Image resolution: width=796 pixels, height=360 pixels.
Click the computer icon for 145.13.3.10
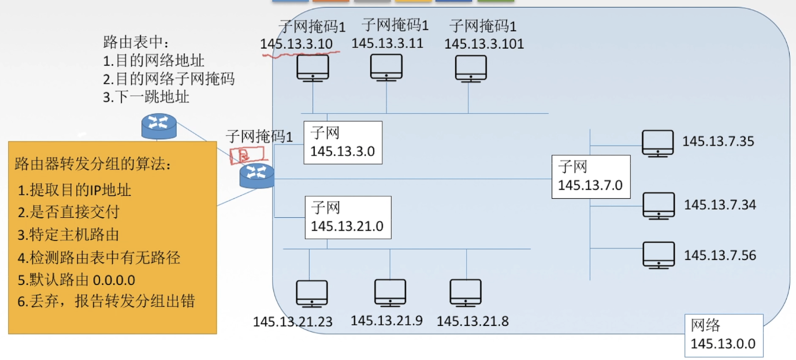coord(313,68)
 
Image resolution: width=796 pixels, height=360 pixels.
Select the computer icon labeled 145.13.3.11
coord(386,67)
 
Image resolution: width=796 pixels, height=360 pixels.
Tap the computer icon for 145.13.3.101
coord(471,68)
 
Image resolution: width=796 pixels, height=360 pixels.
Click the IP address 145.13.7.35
coord(718,142)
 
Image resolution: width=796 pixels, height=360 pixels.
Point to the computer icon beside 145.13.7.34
coord(659,205)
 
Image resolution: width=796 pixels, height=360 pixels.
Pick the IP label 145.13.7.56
coord(720,255)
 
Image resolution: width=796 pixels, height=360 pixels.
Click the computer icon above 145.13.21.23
coord(311,293)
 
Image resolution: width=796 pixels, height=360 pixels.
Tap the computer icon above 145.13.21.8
coord(466,292)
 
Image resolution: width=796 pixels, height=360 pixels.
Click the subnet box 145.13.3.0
coord(343,142)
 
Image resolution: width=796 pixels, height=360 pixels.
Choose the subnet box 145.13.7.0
coord(590,176)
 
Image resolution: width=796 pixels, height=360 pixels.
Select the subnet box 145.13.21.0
coord(348,217)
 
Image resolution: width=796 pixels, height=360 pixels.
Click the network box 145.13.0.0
coord(723,335)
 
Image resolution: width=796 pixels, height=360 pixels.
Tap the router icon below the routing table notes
coord(158,126)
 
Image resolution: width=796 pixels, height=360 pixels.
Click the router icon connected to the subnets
coord(257,175)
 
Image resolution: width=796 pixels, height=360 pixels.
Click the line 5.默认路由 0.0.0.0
coord(76,280)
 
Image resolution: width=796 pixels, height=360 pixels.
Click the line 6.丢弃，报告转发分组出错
coord(106,301)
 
